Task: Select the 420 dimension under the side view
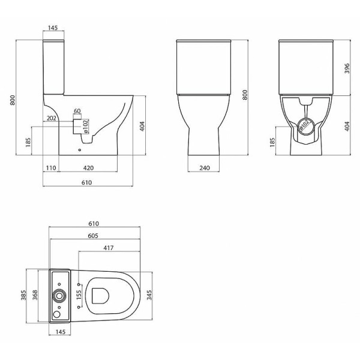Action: pyautogui.click(x=88, y=168)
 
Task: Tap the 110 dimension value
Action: pyautogui.click(x=50, y=168)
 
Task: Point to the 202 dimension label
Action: pyautogui.click(x=51, y=119)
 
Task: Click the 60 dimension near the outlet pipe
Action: pyautogui.click(x=77, y=111)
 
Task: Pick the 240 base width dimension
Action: pyautogui.click(x=204, y=168)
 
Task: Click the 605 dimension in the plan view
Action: pyautogui.click(x=92, y=236)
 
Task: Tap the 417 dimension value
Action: pyautogui.click(x=109, y=248)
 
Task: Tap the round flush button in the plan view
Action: pyautogui.click(x=59, y=295)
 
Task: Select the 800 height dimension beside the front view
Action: pyautogui.click(x=245, y=96)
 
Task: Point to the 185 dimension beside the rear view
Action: pyautogui.click(x=272, y=142)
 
